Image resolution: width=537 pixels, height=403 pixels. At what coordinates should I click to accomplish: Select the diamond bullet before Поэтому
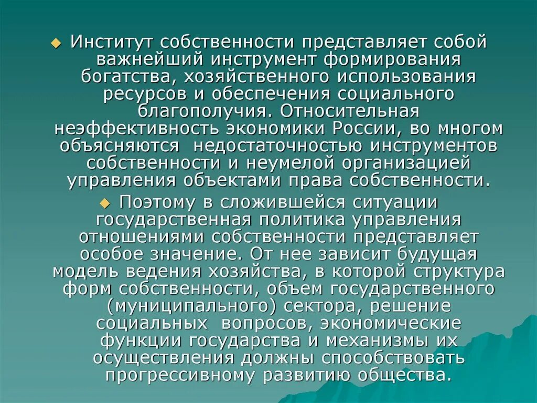point(105,203)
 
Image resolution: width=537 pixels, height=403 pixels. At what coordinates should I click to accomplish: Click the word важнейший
point(128,59)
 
